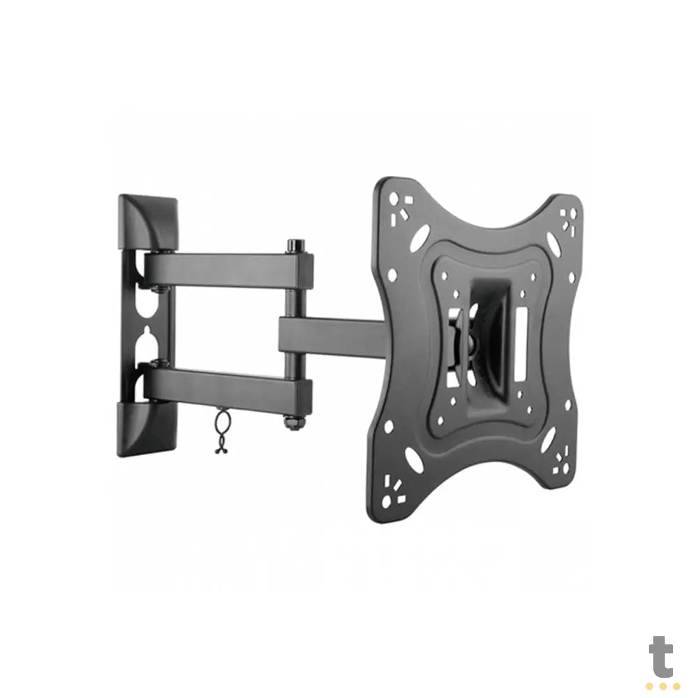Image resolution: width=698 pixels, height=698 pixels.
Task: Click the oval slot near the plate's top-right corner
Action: click(551, 249)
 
